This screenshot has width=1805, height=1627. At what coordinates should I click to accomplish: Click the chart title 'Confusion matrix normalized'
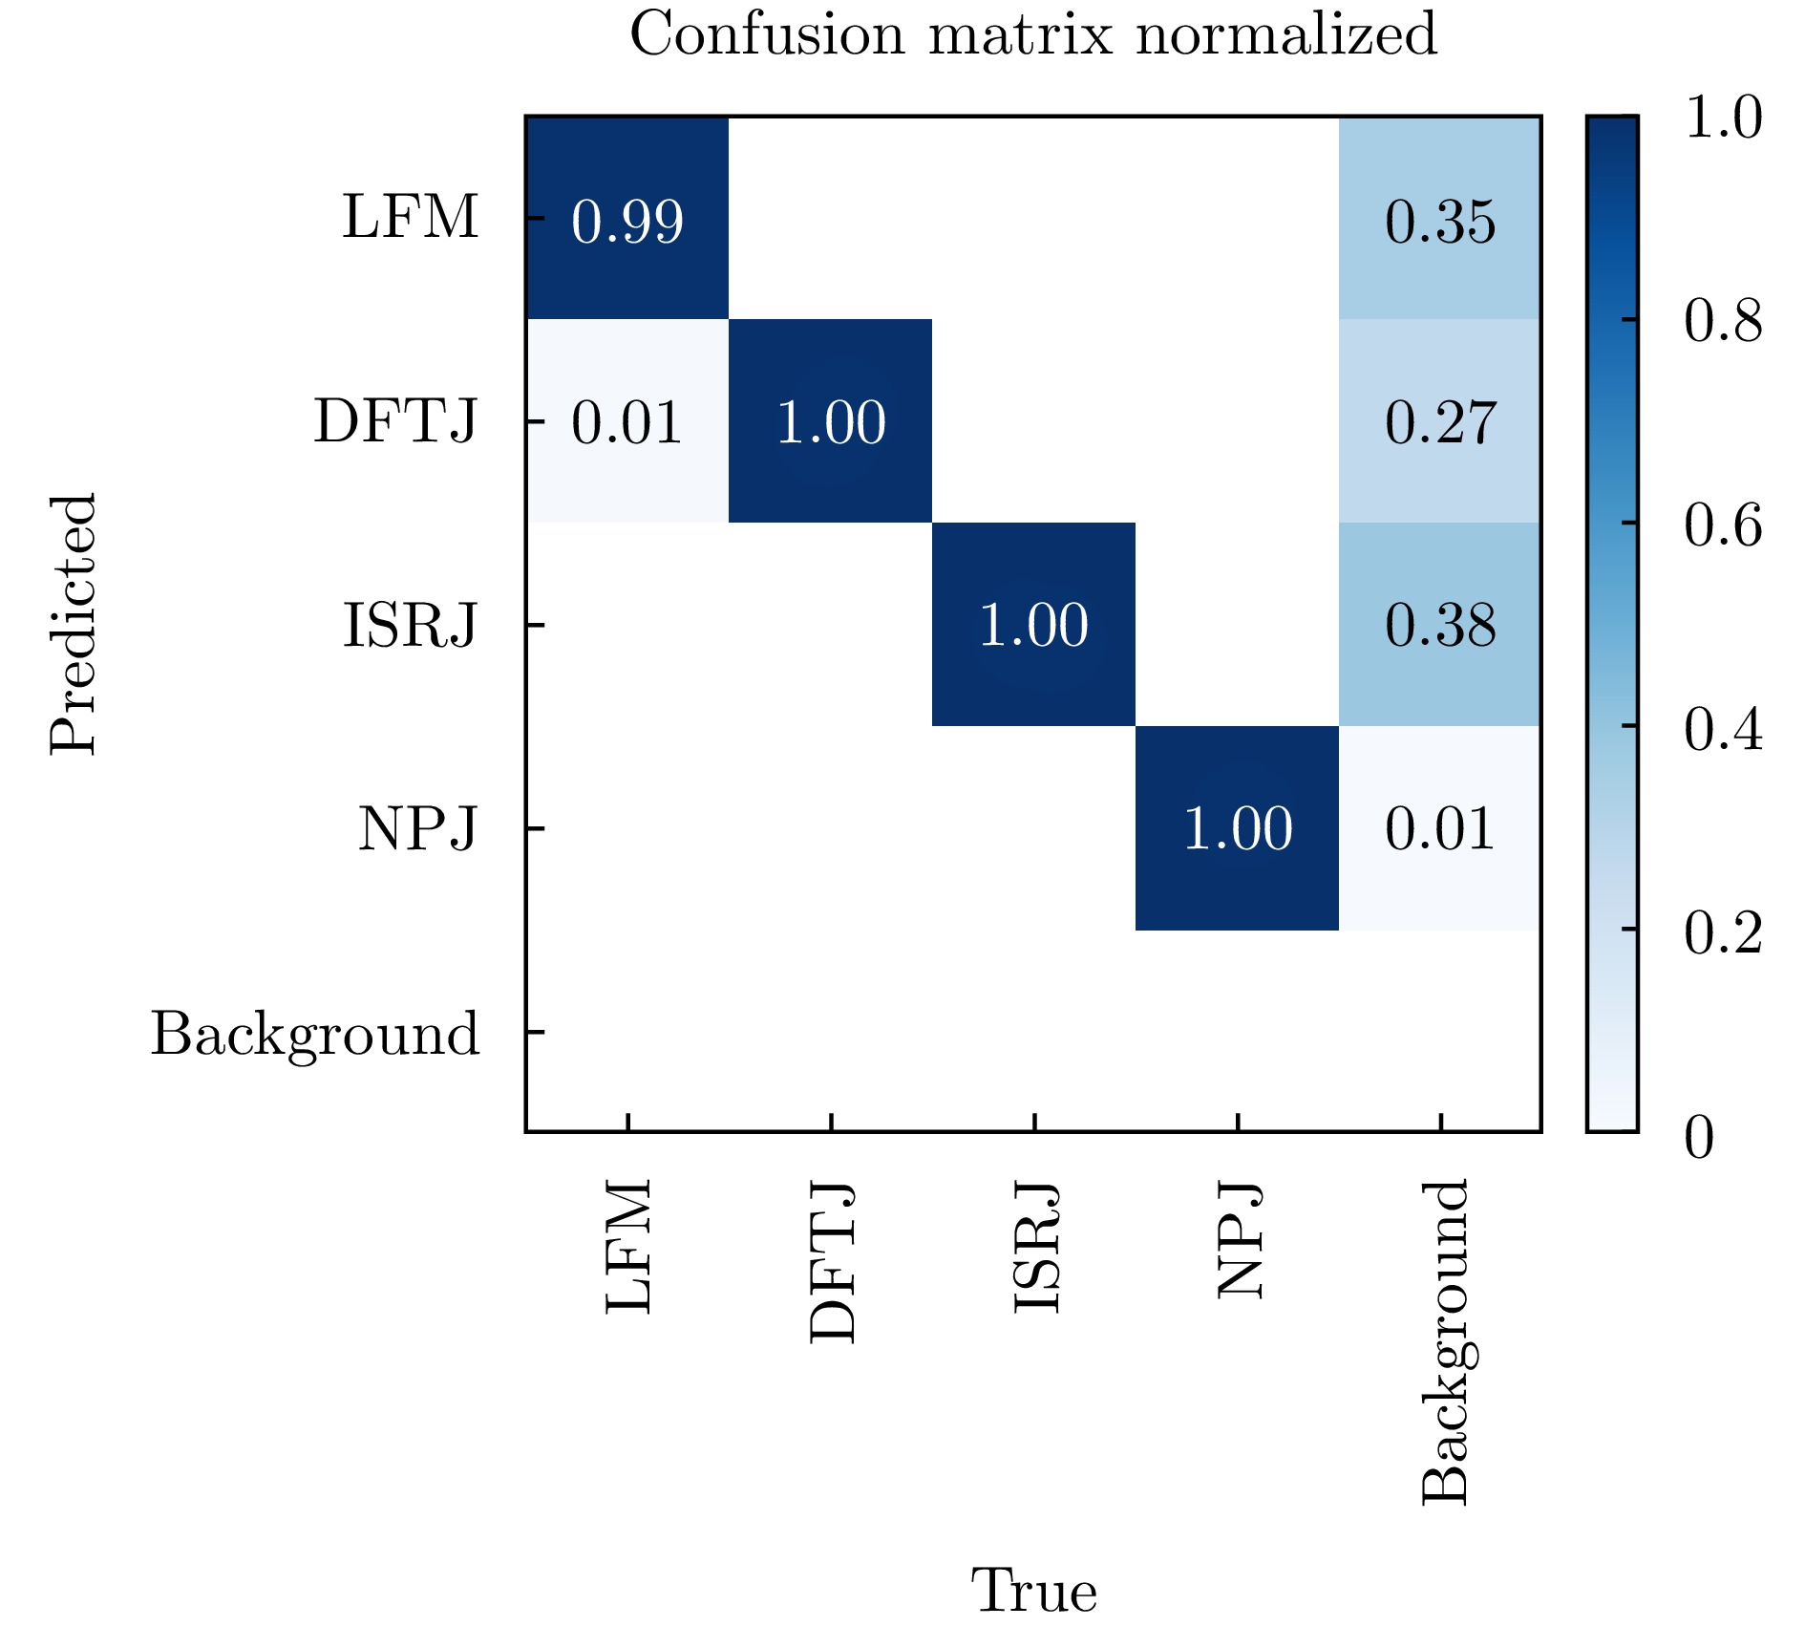pyautogui.click(x=1032, y=34)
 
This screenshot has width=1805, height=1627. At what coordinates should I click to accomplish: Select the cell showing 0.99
pyautogui.click(x=627, y=221)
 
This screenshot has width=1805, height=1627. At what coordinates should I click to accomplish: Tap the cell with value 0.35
pyautogui.click(x=1440, y=221)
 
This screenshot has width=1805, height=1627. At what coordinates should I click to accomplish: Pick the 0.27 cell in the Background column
pyautogui.click(x=1440, y=422)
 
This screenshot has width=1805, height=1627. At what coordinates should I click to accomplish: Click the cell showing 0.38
pyautogui.click(x=1440, y=625)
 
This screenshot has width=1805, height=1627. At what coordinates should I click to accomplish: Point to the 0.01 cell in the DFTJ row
pyautogui.click(x=627, y=422)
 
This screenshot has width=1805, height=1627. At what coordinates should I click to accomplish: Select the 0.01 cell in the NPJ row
pyautogui.click(x=1440, y=828)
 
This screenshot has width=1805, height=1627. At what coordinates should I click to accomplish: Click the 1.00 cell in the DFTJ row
pyautogui.click(x=831, y=422)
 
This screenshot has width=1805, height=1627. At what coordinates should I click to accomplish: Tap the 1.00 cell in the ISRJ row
pyautogui.click(x=1033, y=625)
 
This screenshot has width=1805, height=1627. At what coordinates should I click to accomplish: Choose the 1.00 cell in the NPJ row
pyautogui.click(x=1238, y=828)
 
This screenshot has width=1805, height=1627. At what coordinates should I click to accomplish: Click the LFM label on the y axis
pyautogui.click(x=411, y=217)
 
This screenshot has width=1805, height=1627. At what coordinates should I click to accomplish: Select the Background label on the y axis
pyautogui.click(x=315, y=1035)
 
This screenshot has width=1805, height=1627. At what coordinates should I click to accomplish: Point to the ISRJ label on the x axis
pyautogui.click(x=1035, y=1248)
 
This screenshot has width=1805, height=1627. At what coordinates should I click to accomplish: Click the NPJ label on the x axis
pyautogui.click(x=1240, y=1241)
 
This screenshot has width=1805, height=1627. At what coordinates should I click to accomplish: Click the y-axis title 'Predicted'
pyautogui.click(x=74, y=625)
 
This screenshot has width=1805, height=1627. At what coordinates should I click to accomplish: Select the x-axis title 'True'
pyautogui.click(x=1033, y=1591)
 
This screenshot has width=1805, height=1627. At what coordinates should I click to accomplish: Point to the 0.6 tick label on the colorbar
pyautogui.click(x=1723, y=524)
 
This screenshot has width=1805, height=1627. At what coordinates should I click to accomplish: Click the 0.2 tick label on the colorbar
pyautogui.click(x=1723, y=932)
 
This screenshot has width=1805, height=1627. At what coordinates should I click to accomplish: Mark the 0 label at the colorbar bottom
pyautogui.click(x=1700, y=1137)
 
